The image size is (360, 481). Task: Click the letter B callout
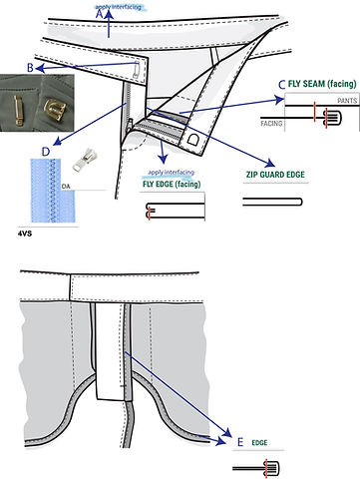click(32, 67)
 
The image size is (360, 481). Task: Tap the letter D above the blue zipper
click(46, 151)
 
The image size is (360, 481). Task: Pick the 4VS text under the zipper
click(26, 232)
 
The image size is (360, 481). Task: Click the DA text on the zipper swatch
click(66, 186)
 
